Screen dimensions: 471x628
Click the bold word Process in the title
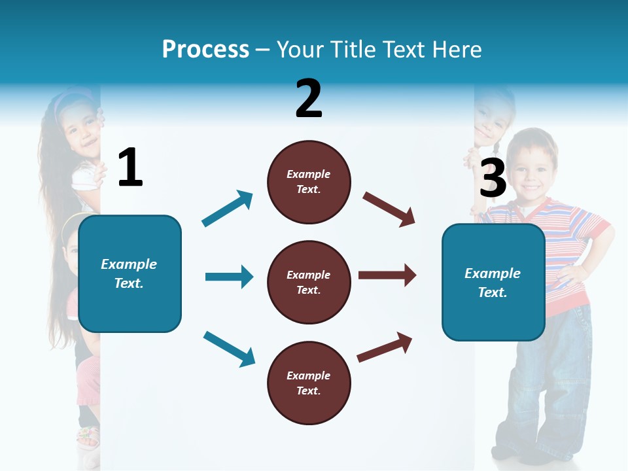click(x=205, y=49)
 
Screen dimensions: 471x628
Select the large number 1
click(x=130, y=167)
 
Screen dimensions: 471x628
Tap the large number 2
click(x=309, y=99)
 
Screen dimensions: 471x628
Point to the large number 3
click(x=493, y=178)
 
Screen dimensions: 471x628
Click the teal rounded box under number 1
click(x=130, y=273)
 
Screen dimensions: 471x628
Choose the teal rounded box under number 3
click(x=493, y=282)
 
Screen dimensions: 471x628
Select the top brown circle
click(x=309, y=182)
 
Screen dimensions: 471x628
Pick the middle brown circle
click(x=309, y=282)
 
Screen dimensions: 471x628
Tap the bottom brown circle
click(x=309, y=383)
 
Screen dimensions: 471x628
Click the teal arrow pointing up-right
click(x=228, y=209)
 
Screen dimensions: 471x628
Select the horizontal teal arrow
click(x=229, y=277)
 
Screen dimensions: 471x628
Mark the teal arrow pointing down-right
click(x=229, y=348)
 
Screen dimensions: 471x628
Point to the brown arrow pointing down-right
click(x=389, y=209)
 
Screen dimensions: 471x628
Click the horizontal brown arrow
click(x=387, y=275)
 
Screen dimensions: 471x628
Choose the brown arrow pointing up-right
click(x=385, y=347)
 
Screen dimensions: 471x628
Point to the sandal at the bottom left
click(x=88, y=436)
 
